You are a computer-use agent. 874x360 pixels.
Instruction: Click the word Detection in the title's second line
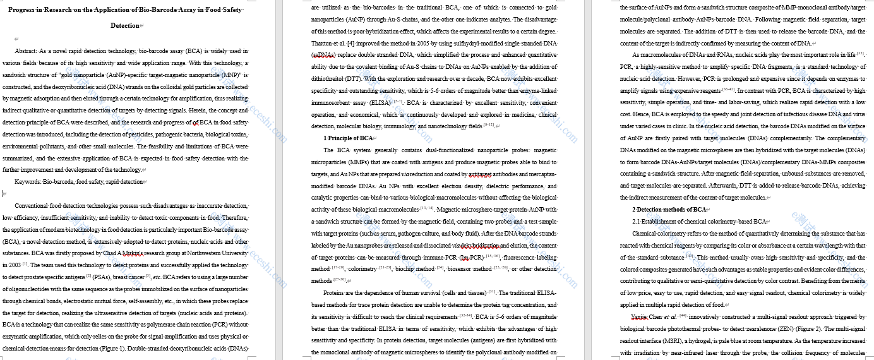click(125, 25)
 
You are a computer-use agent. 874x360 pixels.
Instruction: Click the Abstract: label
click(26, 51)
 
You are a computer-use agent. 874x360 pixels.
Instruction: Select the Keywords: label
click(27, 182)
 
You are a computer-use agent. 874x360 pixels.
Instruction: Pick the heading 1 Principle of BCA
click(348, 138)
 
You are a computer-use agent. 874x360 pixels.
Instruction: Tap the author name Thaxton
click(325, 43)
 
